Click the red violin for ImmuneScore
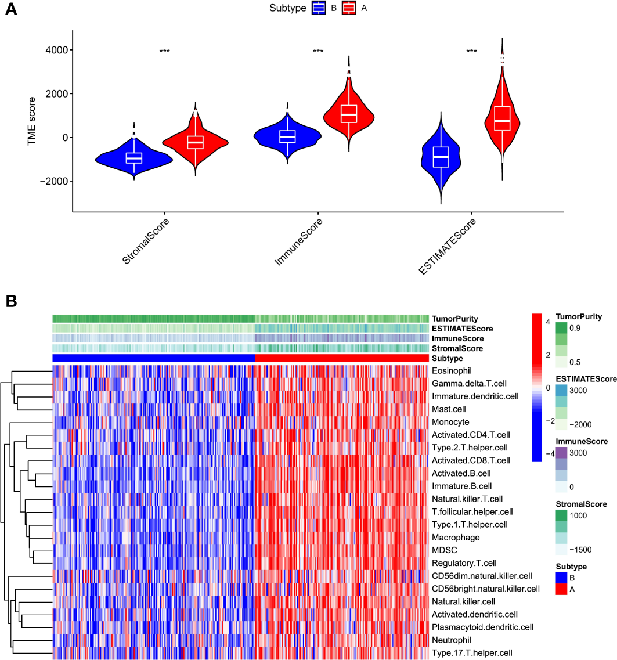pos(349,113)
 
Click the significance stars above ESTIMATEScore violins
pos(471,51)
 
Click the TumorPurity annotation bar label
pos(455,319)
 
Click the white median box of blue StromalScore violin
pos(134,158)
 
